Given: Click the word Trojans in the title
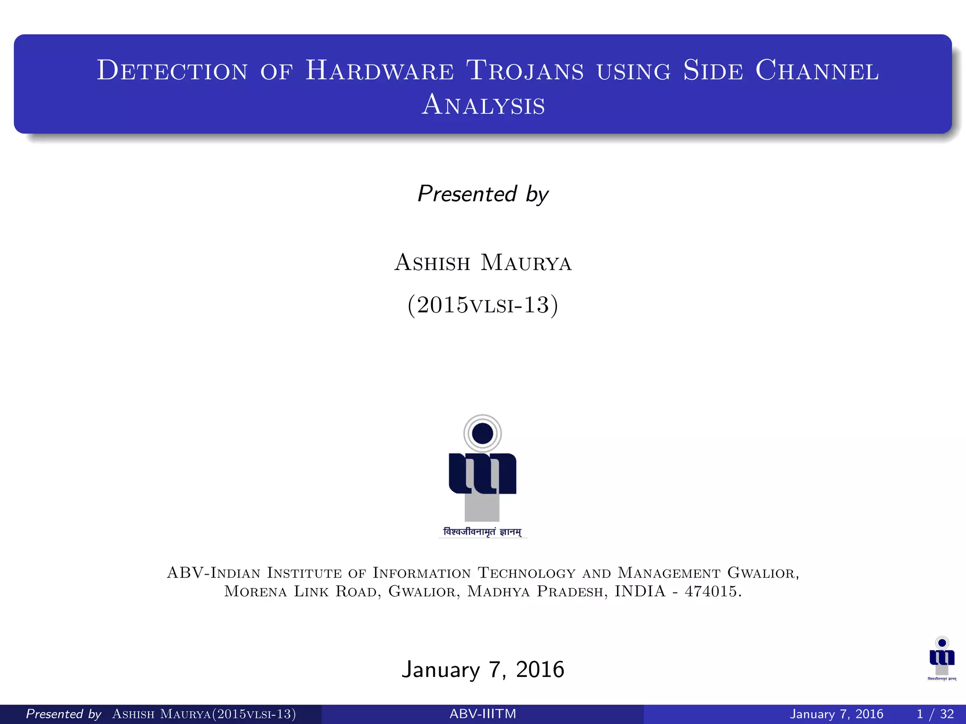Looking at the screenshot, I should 525,71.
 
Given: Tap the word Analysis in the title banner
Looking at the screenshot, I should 483,105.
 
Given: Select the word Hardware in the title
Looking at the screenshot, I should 380,71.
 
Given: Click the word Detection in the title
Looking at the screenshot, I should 172,71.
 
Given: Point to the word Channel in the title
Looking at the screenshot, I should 817,71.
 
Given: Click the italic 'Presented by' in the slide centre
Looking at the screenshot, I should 483,194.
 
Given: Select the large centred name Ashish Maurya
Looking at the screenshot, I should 483,263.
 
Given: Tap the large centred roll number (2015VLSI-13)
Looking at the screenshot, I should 483,305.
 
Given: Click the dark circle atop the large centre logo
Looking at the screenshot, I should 483,433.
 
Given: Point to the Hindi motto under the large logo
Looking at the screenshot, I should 483,532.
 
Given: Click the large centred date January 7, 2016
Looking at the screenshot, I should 483,669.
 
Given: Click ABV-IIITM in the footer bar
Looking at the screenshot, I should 483,714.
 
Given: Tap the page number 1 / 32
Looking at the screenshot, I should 935,714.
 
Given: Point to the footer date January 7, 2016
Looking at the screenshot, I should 836,714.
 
